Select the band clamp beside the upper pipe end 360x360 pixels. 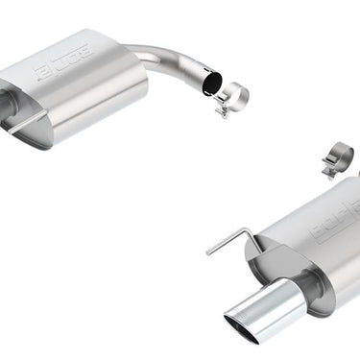click(232, 97)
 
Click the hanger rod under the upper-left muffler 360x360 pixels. click(27, 122)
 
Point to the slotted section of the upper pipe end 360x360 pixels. click(196, 81)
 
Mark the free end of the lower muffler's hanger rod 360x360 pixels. click(209, 252)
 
